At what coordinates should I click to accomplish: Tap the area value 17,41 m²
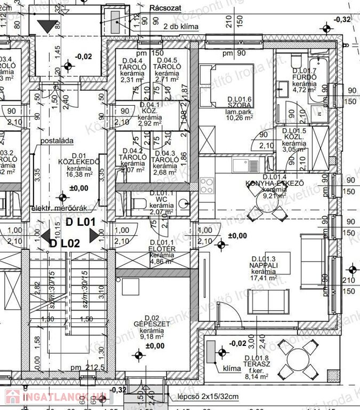[263, 278]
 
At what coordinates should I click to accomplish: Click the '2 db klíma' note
[181, 25]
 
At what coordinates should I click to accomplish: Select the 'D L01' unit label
[80, 222]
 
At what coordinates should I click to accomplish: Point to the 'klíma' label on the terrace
[232, 368]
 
